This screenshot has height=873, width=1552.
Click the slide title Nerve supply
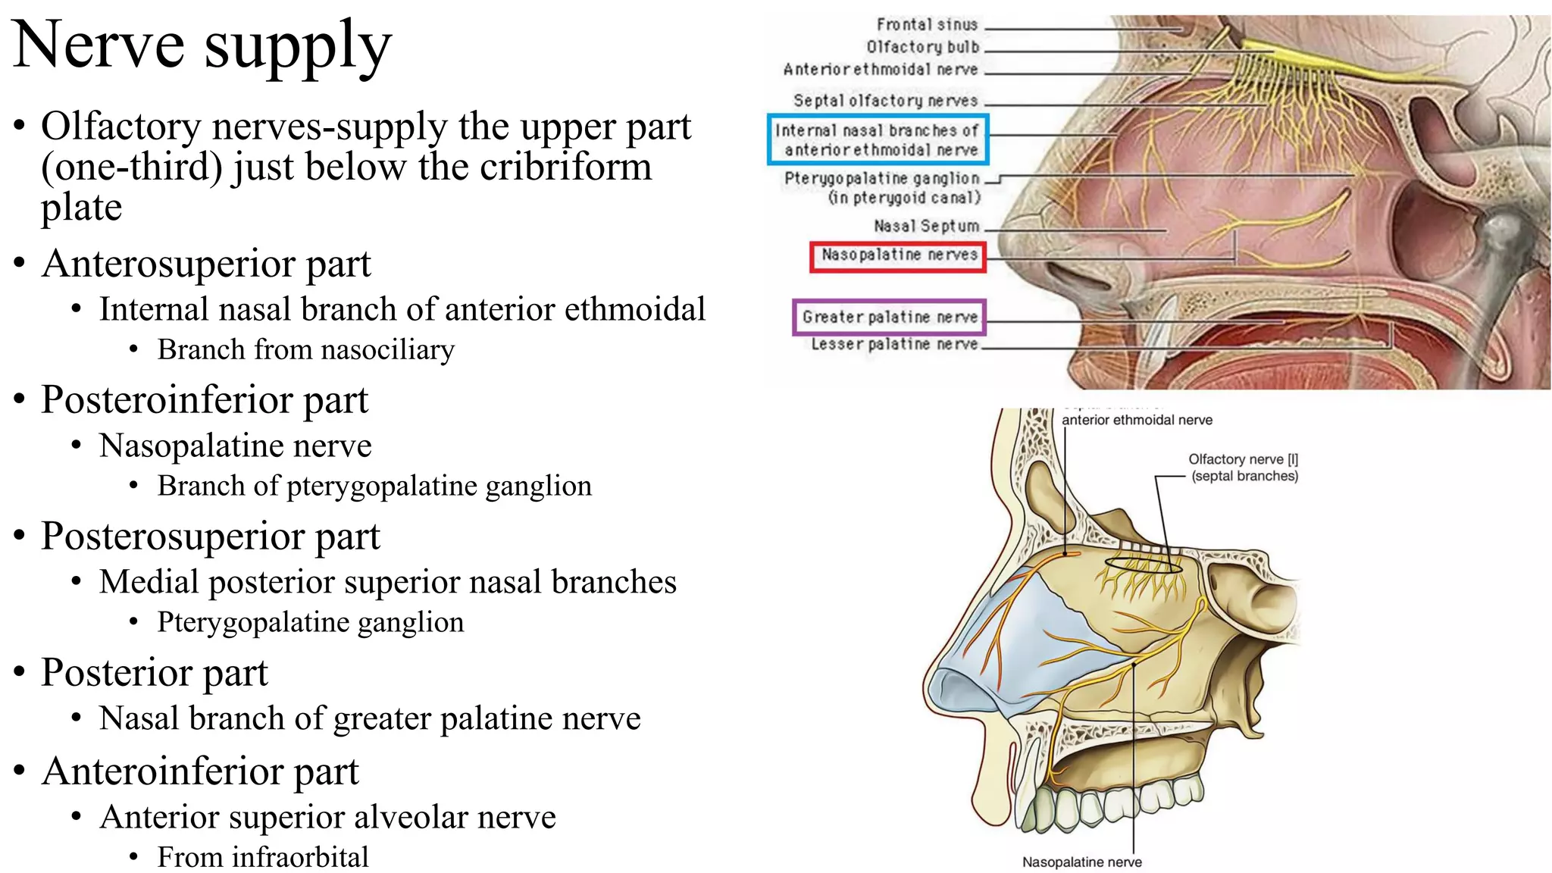pyautogui.click(x=202, y=45)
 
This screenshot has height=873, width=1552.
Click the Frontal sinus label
pyautogui.click(x=927, y=25)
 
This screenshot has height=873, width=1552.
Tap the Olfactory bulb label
pyautogui.click(x=922, y=47)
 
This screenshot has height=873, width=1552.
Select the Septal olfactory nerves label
pyautogui.click(x=885, y=101)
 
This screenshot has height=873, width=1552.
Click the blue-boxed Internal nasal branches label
pyautogui.click(x=878, y=140)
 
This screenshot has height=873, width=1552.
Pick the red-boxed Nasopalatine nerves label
pyautogui.click(x=899, y=255)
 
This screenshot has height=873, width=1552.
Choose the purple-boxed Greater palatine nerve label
pyautogui.click(x=890, y=318)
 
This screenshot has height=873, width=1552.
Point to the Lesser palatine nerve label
pyautogui.click(x=894, y=345)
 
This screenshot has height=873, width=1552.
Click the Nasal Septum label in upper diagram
pyautogui.click(x=926, y=227)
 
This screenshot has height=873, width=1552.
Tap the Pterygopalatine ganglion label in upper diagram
pyautogui.click(x=882, y=179)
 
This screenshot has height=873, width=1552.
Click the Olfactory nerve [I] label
pyautogui.click(x=1243, y=460)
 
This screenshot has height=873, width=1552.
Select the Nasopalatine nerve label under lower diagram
pyautogui.click(x=1081, y=862)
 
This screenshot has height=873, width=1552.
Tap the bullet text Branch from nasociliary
pyautogui.click(x=305, y=350)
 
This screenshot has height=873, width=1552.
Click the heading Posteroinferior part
pyautogui.click(x=205, y=399)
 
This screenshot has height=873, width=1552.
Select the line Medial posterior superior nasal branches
pyautogui.click(x=387, y=582)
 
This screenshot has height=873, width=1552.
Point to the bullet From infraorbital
pyautogui.click(x=262, y=857)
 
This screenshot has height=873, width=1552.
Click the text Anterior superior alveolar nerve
pyautogui.click(x=327, y=817)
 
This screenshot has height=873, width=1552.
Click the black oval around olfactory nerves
pyautogui.click(x=1143, y=565)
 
